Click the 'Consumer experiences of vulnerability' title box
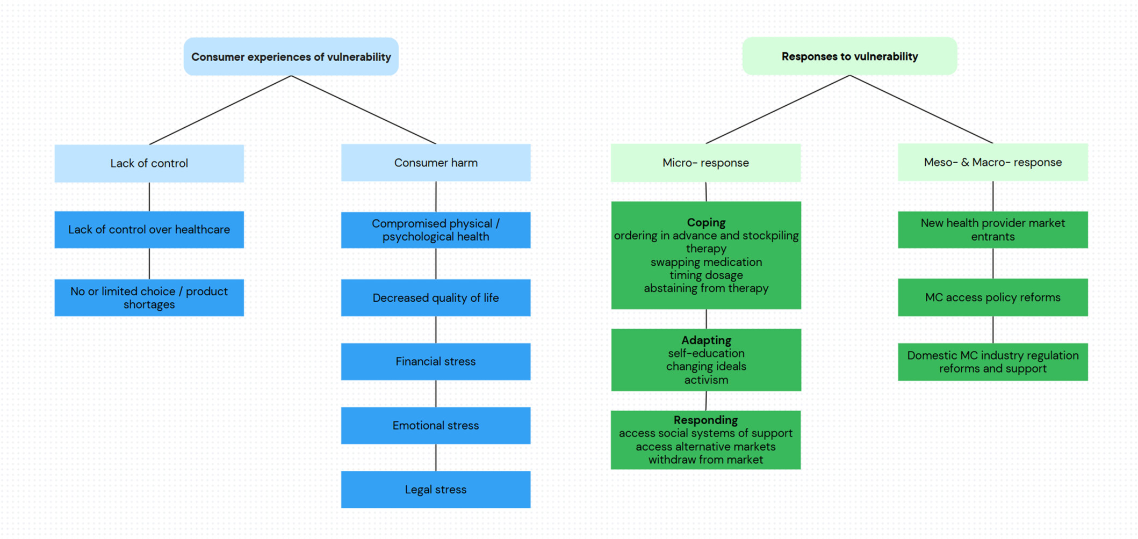point(291,56)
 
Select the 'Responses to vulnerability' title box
point(849,56)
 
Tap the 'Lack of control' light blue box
point(149,163)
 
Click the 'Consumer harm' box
point(436,163)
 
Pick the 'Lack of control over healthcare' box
point(149,230)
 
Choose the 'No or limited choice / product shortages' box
point(149,297)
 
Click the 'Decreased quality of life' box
point(436,297)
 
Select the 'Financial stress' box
point(436,361)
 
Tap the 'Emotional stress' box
point(436,425)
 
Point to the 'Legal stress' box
point(436,490)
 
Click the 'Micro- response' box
point(705,163)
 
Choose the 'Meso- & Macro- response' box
point(993,162)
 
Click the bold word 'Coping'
point(706,222)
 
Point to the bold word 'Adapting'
point(706,340)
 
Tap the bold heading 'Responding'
point(705,420)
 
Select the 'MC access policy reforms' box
point(993,297)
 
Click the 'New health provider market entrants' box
point(993,230)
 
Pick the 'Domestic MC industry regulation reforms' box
point(993,362)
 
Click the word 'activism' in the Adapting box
point(706,380)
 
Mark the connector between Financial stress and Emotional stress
point(436,394)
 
